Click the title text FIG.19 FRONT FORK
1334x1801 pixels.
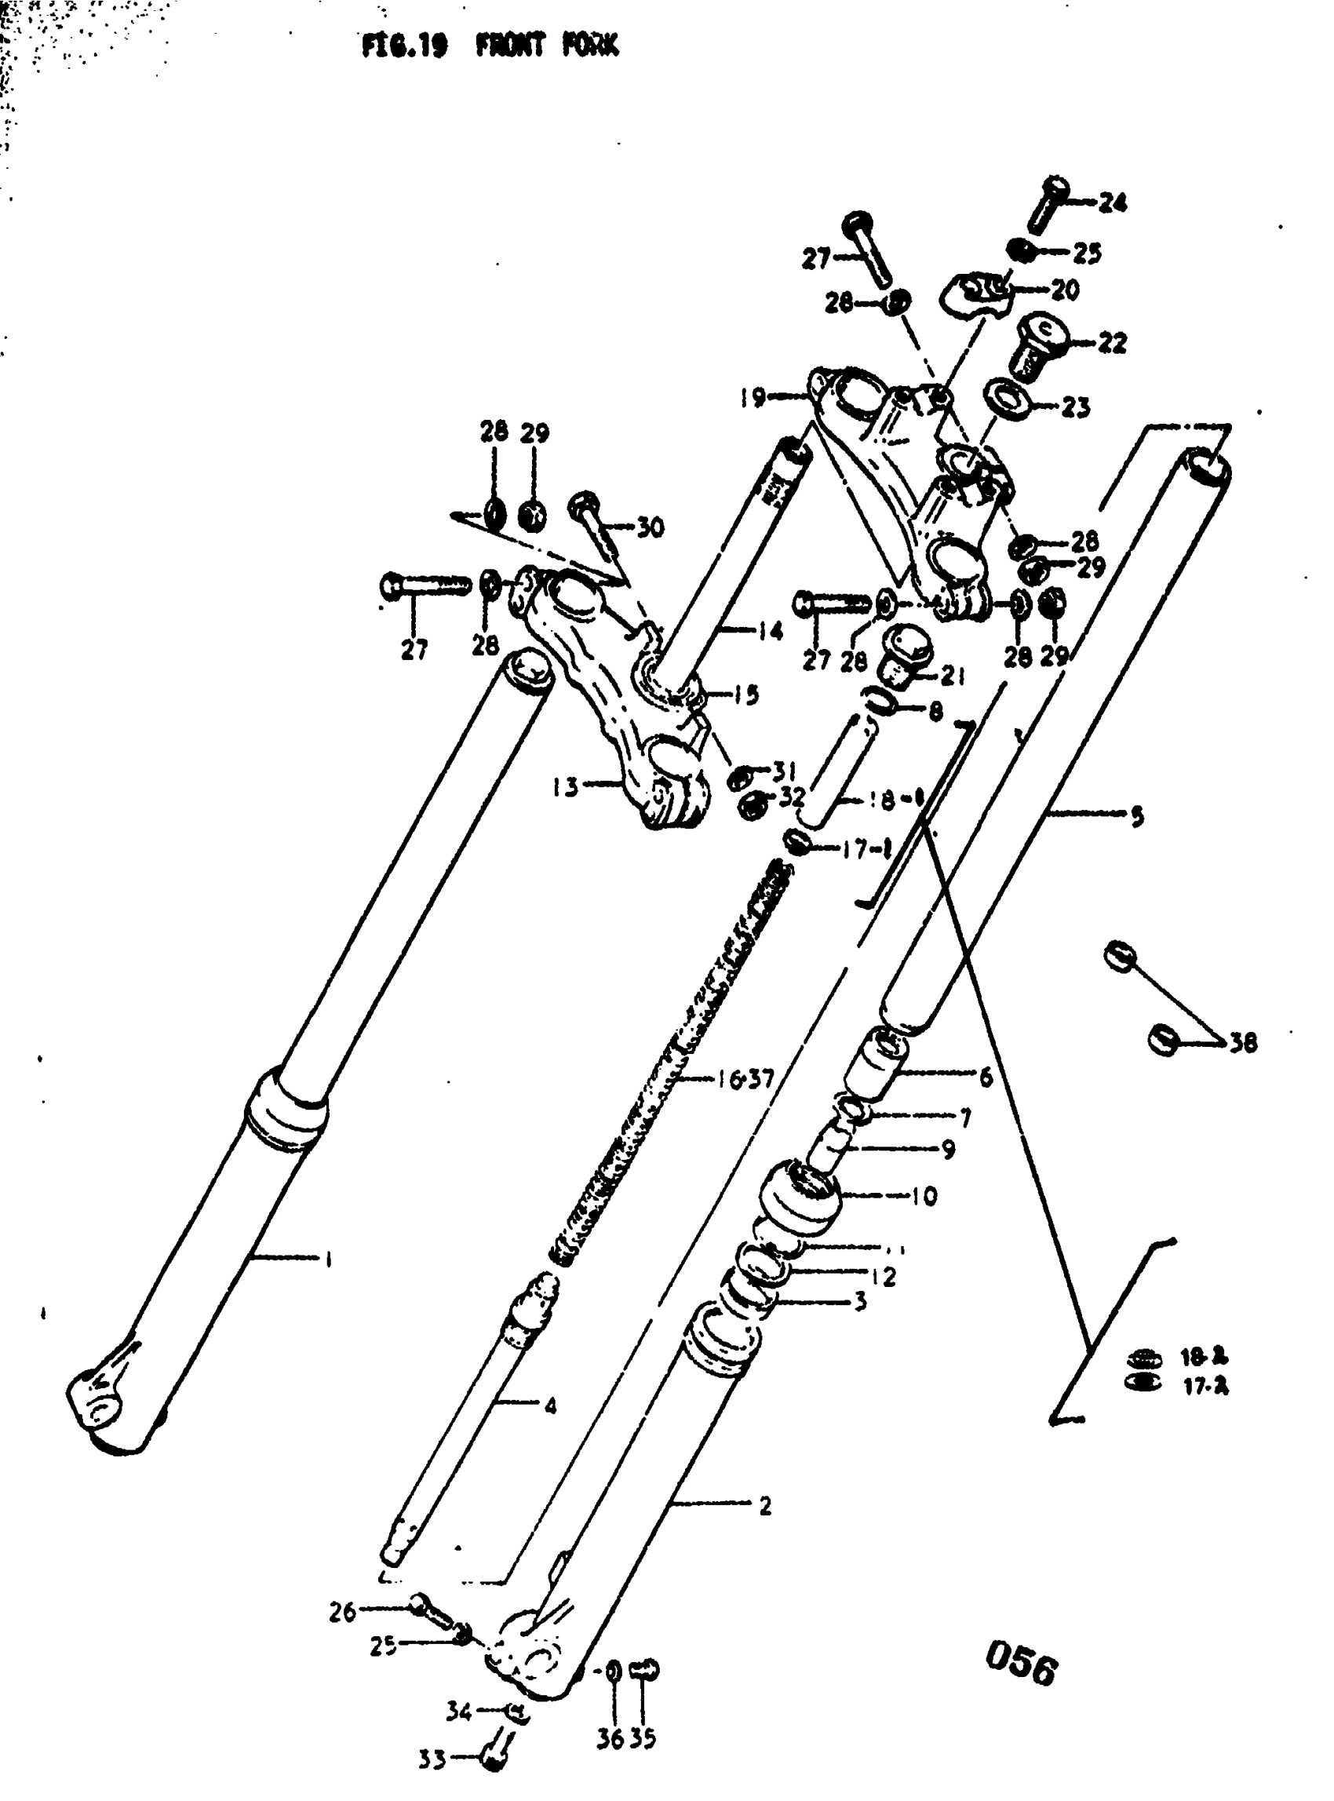pyautogui.click(x=490, y=46)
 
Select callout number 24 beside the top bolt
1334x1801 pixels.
pyautogui.click(x=1112, y=202)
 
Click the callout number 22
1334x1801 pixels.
pyautogui.click(x=1112, y=342)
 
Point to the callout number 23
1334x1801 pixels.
pyautogui.click(x=1075, y=408)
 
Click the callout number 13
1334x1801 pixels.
pyautogui.click(x=566, y=786)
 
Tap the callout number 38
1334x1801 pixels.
pyautogui.click(x=1244, y=1044)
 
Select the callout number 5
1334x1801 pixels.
pyautogui.click(x=1136, y=816)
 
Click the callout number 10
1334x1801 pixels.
pyautogui.click(x=924, y=1195)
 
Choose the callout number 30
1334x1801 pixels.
pyautogui.click(x=650, y=527)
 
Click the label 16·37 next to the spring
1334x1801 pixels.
pyautogui.click(x=745, y=1078)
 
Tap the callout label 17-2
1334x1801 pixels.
pyautogui.click(x=1205, y=1387)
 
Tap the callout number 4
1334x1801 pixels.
pyautogui.click(x=550, y=1406)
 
